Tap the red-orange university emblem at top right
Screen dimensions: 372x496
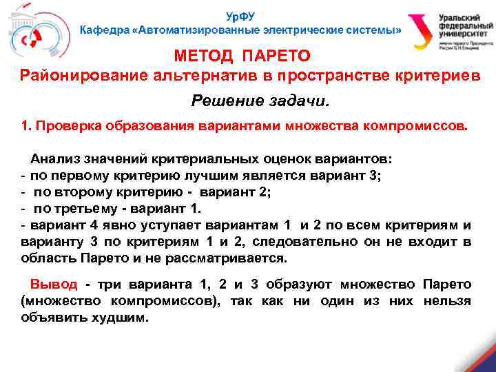coord(420,32)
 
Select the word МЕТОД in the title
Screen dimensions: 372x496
coord(204,54)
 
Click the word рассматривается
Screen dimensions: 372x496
coord(220,258)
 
